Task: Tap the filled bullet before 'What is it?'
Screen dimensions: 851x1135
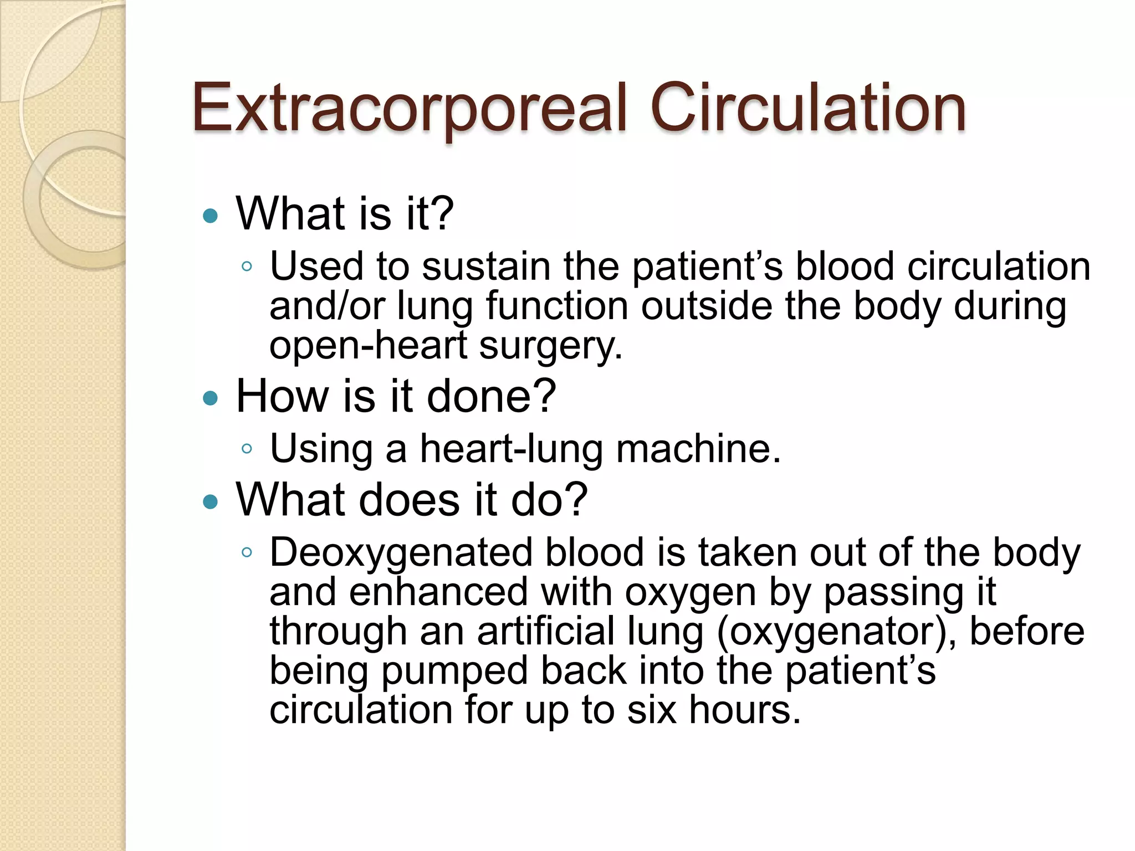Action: click(x=211, y=216)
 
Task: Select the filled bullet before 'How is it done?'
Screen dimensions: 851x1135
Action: click(x=211, y=398)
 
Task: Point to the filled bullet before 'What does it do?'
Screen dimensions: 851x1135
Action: click(x=211, y=502)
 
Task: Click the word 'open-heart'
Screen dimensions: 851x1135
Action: click(x=368, y=346)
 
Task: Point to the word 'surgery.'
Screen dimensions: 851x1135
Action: click(x=551, y=347)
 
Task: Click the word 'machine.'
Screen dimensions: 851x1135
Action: click(x=698, y=448)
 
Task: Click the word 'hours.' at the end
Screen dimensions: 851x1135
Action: click(x=745, y=710)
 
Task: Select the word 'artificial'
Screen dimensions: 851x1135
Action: click(x=546, y=632)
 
